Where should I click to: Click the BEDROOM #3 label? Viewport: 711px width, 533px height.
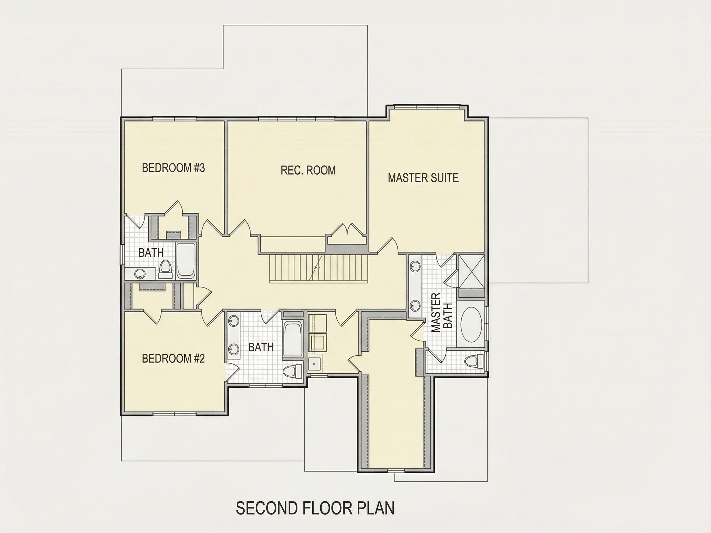click(173, 168)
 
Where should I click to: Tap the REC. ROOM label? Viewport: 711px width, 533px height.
click(308, 170)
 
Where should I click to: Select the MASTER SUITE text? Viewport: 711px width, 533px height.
click(423, 178)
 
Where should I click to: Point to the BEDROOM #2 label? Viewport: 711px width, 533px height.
click(173, 358)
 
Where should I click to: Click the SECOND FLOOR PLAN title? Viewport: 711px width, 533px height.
click(315, 509)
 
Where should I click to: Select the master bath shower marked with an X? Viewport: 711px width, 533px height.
click(471, 271)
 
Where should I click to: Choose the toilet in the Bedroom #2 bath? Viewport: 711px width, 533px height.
click(293, 371)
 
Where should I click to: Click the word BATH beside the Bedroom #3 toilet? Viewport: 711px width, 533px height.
click(151, 253)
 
